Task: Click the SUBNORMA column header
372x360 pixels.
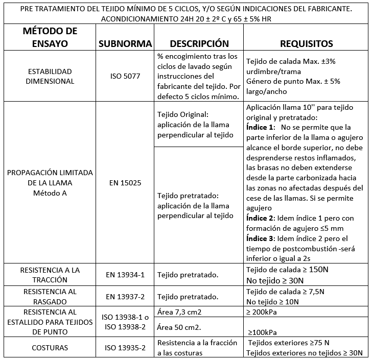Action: click(126, 43)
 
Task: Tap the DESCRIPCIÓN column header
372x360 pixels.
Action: click(199, 43)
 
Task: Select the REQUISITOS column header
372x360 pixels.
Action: click(307, 43)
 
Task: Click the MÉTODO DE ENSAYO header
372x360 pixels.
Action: click(50, 37)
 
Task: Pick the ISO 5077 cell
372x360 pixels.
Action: click(126, 77)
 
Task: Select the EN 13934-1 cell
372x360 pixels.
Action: click(126, 274)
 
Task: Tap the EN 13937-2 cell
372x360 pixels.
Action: click(126, 296)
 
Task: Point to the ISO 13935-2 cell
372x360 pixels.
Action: click(126, 348)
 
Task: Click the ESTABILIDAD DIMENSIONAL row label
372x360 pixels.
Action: click(50, 76)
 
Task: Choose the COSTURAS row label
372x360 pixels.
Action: click(50, 348)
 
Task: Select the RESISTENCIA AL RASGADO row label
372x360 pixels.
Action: click(50, 296)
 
